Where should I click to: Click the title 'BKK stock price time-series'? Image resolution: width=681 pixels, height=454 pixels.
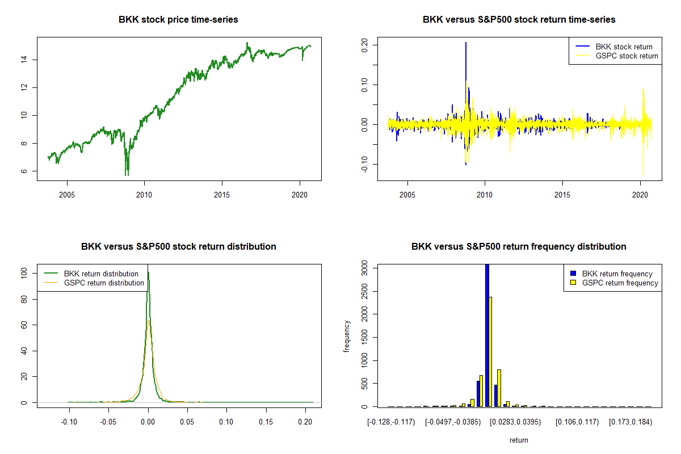click(x=178, y=19)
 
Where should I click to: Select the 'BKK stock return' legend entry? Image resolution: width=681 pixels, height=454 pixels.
click(x=623, y=47)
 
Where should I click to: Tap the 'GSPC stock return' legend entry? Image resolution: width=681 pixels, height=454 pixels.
click(x=627, y=56)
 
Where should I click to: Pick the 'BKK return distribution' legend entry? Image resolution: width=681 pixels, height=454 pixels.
click(x=101, y=274)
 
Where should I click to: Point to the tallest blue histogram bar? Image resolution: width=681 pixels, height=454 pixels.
click(x=486, y=335)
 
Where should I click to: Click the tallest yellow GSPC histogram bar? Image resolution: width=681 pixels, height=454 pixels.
click(x=490, y=352)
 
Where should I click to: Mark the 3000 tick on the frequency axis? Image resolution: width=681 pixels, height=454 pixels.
click(x=365, y=267)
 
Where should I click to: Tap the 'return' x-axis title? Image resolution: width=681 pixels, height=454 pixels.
click(x=519, y=440)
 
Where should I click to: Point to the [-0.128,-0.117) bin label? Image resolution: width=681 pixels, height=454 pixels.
click(x=392, y=422)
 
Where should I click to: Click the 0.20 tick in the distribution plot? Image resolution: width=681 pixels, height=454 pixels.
click(x=305, y=422)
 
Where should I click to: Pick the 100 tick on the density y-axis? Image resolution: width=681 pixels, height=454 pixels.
click(x=24, y=273)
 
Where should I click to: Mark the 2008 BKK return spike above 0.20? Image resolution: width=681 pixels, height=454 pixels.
click(x=466, y=43)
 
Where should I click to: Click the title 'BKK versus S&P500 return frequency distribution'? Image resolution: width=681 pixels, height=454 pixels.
click(x=519, y=246)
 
